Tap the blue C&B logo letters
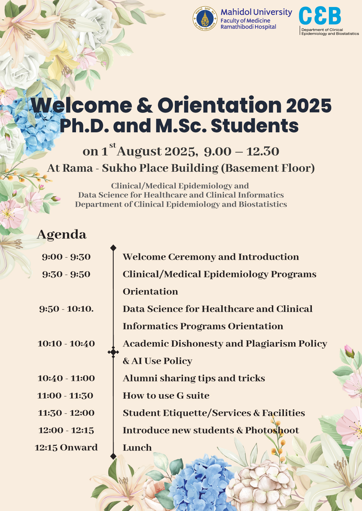(320, 16)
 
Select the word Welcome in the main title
(81, 106)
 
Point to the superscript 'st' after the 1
(112, 145)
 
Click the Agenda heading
(62, 235)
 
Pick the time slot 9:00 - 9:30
(66, 257)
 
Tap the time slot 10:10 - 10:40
(66, 343)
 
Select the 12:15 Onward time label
(66, 448)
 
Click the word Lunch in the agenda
(137, 448)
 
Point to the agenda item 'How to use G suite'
(166, 396)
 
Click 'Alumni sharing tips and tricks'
(194, 378)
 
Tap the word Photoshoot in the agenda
(272, 430)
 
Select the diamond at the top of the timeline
(113, 248)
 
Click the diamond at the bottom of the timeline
(113, 456)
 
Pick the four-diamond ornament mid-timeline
(113, 352)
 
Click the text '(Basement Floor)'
(267, 168)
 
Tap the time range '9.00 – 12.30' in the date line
(241, 151)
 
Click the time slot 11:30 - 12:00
(66, 413)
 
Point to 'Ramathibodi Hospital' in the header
(248, 27)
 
